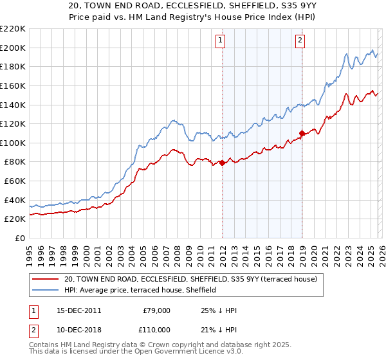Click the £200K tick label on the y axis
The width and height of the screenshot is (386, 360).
coord(13,48)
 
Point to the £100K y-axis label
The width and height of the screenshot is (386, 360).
coord(13,143)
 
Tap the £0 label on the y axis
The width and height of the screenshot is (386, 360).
coord(21,238)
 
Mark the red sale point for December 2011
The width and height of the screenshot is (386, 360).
coord(222,163)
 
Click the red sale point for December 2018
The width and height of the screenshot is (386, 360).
coord(302,134)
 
